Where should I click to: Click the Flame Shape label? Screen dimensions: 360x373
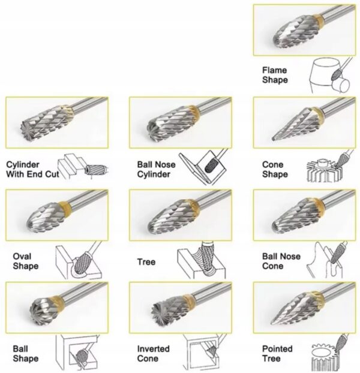(x=275, y=75)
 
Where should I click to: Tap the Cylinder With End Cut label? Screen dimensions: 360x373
(x=32, y=169)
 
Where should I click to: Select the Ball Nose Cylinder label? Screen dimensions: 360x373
(x=157, y=169)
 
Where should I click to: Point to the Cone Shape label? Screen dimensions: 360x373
(x=275, y=169)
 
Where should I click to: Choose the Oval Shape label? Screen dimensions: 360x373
(x=25, y=261)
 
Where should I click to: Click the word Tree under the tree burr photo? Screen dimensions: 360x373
(x=146, y=262)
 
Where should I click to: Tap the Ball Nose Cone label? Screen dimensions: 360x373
(x=281, y=261)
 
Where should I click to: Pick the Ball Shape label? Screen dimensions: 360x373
(x=25, y=353)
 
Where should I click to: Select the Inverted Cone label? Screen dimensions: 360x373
(x=153, y=353)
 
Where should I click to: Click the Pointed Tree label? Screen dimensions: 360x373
(x=277, y=353)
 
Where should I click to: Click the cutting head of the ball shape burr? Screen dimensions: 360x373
(x=41, y=311)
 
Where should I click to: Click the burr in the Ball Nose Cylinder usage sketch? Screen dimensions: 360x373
(x=211, y=164)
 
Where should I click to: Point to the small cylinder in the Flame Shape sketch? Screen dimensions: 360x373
(x=340, y=85)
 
